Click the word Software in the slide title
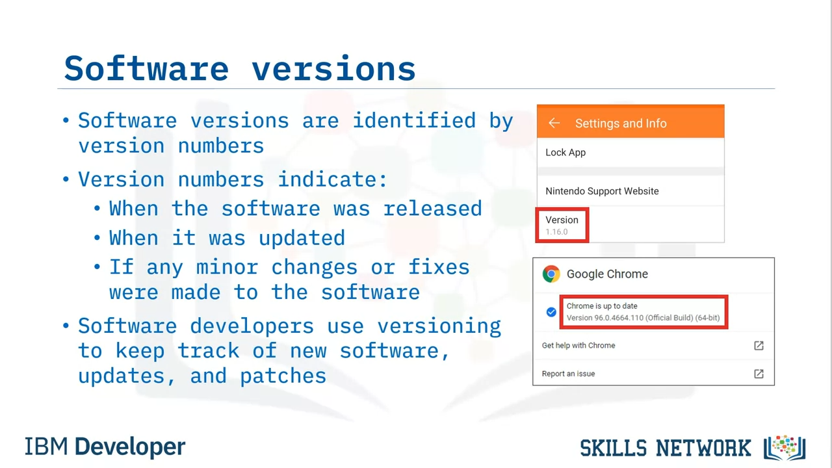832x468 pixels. (146, 68)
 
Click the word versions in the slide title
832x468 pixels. (333, 68)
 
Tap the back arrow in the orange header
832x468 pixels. (554, 123)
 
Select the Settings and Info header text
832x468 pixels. (621, 123)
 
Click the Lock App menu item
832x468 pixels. (565, 153)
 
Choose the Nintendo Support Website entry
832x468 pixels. (602, 191)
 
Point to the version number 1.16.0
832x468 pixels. (556, 232)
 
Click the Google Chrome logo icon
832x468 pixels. (551, 274)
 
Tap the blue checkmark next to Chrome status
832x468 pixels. (551, 312)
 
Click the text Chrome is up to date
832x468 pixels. (602, 306)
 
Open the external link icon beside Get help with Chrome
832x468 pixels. (759, 346)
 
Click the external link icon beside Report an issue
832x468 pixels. (759, 374)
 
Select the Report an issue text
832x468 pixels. (568, 374)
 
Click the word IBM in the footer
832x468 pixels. (46, 447)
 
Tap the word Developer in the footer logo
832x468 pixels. (129, 447)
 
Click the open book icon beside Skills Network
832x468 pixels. (785, 448)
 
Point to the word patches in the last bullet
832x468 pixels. (283, 376)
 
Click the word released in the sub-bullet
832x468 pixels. (433, 209)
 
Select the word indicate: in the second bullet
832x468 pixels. (333, 179)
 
